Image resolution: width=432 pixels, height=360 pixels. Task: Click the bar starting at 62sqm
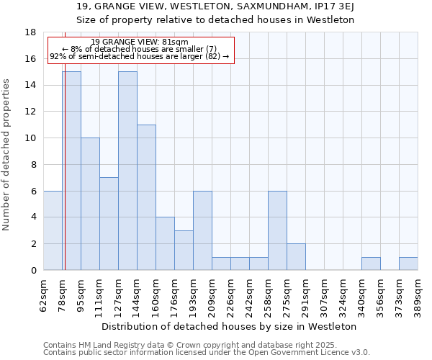(53, 230)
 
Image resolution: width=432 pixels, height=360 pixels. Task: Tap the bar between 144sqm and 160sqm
(146, 197)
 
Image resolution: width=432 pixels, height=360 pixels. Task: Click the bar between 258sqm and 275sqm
(277, 230)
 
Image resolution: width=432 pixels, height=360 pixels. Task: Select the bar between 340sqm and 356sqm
(371, 264)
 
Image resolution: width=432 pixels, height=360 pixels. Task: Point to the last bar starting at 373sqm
(408, 264)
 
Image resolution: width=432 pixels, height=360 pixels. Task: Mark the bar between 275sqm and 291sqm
(296, 256)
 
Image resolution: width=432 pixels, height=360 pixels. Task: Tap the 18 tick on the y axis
(31, 32)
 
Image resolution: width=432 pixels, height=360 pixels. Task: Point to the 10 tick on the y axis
(31, 138)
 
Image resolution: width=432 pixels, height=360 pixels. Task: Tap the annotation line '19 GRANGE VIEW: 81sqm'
(140, 42)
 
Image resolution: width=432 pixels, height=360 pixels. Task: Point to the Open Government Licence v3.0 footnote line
(207, 353)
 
